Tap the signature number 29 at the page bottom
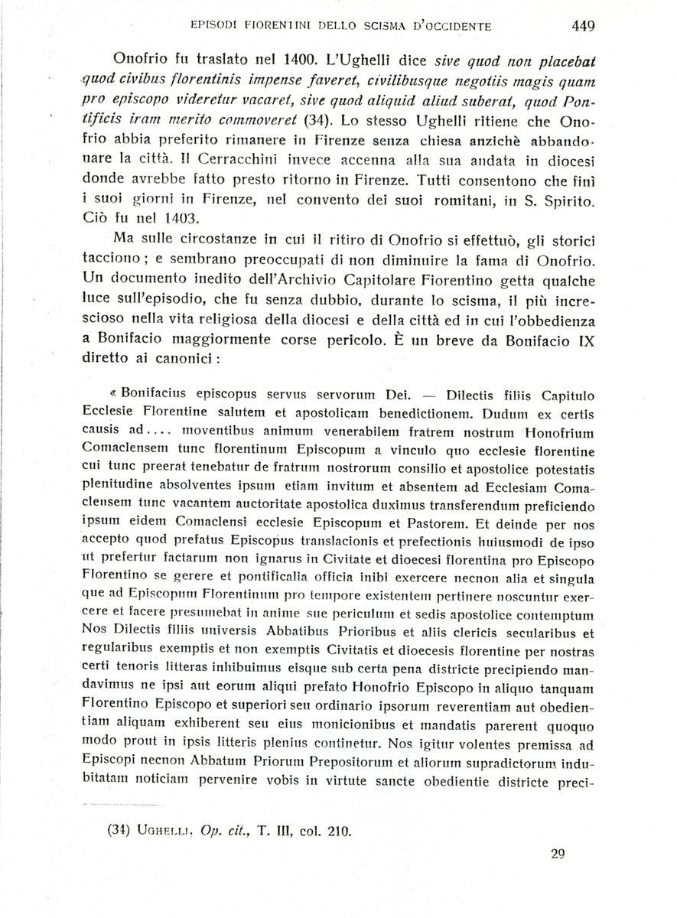(557, 855)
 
